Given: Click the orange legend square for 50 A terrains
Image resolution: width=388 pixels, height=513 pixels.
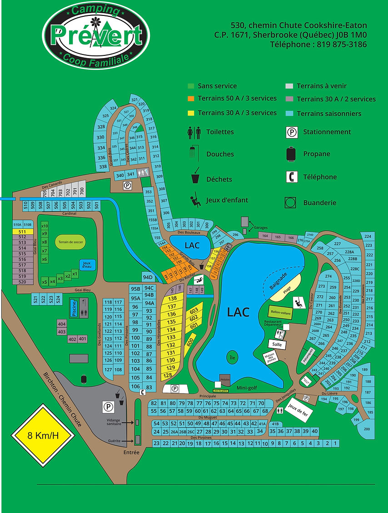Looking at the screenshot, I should coord(191,99).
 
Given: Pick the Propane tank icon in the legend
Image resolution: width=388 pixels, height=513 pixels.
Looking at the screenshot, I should coord(291,154).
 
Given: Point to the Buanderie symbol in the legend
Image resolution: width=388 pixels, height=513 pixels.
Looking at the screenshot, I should coord(291,202).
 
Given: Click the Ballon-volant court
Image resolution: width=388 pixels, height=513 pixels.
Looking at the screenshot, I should coord(280,313).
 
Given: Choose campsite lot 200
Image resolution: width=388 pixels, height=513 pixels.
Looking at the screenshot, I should coord(367,429).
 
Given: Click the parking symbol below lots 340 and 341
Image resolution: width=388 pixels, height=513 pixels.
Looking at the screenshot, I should coord(128,185).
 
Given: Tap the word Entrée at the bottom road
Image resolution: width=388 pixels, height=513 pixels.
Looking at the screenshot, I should coord(131,453).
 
